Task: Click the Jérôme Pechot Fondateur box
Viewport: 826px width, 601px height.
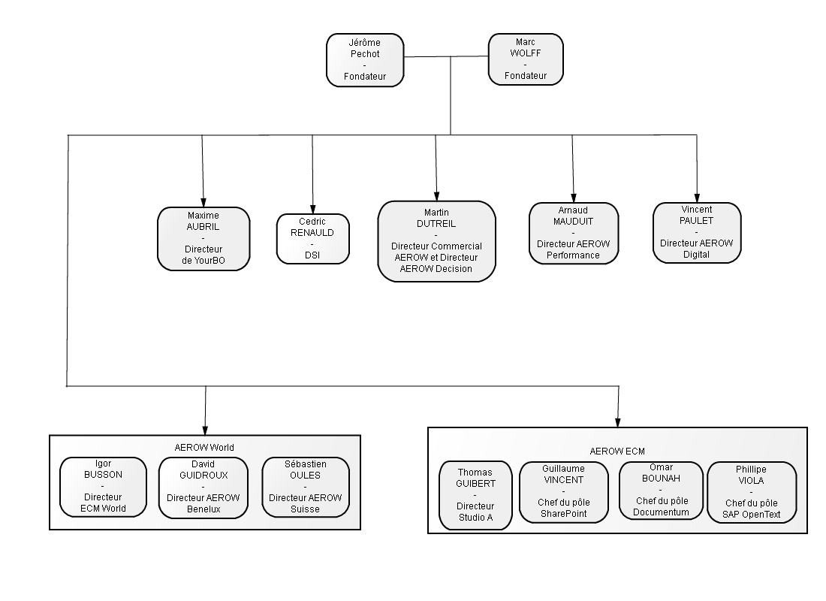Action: pyautogui.click(x=365, y=60)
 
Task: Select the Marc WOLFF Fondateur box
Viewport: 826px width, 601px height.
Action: pyautogui.click(x=526, y=59)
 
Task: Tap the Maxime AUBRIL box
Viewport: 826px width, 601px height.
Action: pyautogui.click(x=203, y=239)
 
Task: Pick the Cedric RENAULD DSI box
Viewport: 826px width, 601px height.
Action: pyautogui.click(x=313, y=239)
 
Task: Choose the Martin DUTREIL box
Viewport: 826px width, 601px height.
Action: pyautogui.click(x=437, y=241)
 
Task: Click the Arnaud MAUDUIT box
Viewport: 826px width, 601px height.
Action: pyautogui.click(x=574, y=233)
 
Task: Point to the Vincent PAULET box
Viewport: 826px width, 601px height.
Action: pyautogui.click(x=697, y=232)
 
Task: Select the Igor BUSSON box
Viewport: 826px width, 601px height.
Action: pyautogui.click(x=104, y=487)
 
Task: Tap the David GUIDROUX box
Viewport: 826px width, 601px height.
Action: pyautogui.click(x=203, y=488)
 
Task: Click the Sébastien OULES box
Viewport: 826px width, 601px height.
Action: pyautogui.click(x=306, y=487)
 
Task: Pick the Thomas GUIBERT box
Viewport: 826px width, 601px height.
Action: pyautogui.click(x=475, y=496)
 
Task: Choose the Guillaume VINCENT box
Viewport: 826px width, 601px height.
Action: pyautogui.click(x=564, y=492)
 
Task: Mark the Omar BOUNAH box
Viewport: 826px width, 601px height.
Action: pyautogui.click(x=661, y=491)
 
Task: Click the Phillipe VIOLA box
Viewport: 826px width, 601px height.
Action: pyautogui.click(x=752, y=492)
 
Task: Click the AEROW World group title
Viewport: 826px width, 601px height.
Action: pyautogui.click(x=204, y=448)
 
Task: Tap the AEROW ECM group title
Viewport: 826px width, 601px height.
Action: pyautogui.click(x=617, y=452)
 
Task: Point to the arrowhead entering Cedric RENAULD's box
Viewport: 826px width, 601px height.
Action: pyautogui.click(x=313, y=210)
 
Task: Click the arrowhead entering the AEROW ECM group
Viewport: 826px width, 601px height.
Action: pyautogui.click(x=618, y=423)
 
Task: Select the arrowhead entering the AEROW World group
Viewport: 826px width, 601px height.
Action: pyautogui.click(x=205, y=430)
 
